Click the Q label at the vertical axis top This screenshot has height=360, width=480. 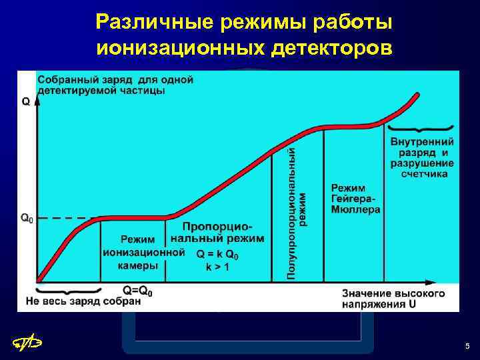25,102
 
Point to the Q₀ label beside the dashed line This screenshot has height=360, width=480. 26,217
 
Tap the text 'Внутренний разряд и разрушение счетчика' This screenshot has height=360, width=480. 422,157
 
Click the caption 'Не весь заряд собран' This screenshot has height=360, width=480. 83,301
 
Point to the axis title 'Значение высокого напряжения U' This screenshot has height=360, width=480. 393,299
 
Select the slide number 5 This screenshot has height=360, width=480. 467,346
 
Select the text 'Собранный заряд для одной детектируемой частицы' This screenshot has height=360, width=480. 115,85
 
